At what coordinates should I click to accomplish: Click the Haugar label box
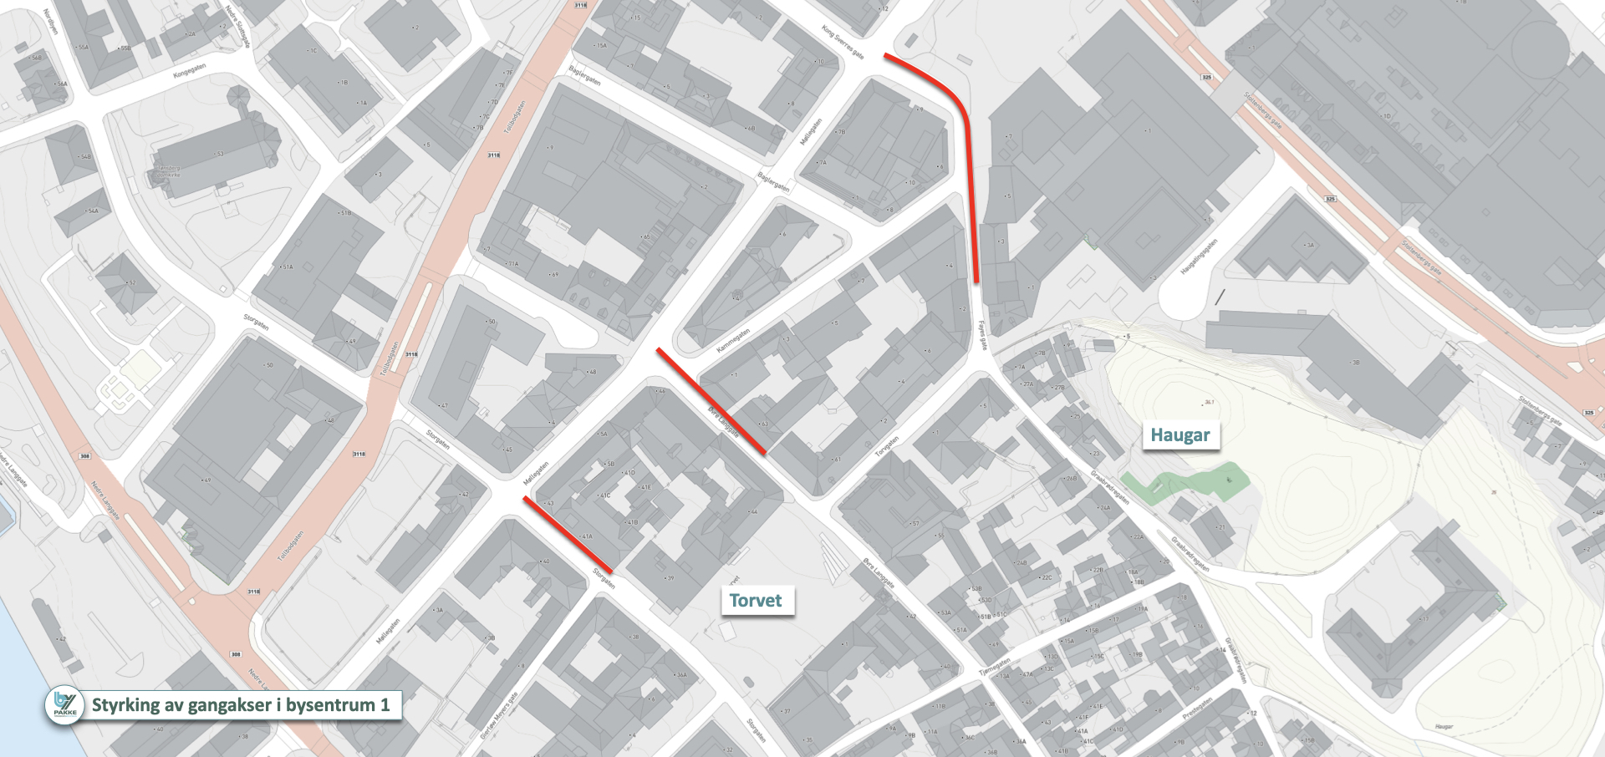[1180, 434]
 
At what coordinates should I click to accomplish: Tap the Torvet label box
[756, 600]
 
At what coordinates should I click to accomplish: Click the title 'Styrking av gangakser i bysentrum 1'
[241, 704]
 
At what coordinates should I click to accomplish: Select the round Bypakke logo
[64, 704]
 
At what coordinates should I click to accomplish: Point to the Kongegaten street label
[189, 72]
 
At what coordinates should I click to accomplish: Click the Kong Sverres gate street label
[842, 42]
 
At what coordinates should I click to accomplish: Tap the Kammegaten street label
[733, 340]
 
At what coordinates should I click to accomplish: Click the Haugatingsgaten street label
[1199, 257]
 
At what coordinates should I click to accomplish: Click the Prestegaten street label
[1196, 710]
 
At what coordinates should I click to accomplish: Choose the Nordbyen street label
[51, 22]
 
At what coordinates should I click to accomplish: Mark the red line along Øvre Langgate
[711, 401]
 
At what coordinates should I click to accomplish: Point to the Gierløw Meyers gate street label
[499, 715]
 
